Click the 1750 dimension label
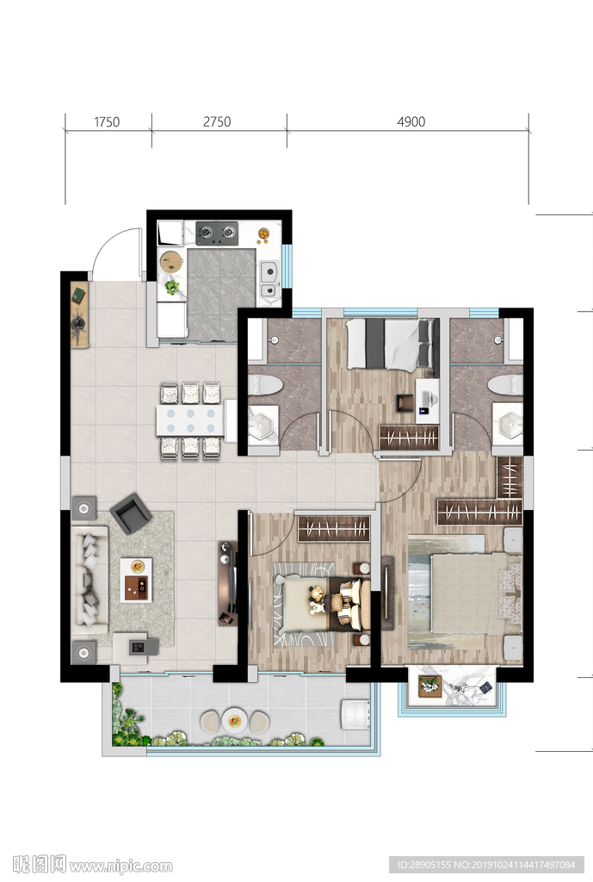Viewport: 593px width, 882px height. click(x=107, y=122)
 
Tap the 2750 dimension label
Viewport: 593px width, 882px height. click(x=217, y=122)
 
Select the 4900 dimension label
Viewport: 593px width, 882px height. click(x=411, y=122)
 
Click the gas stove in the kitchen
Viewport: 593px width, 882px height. click(x=217, y=233)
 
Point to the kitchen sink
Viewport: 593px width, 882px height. click(x=269, y=280)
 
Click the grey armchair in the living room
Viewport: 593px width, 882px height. click(x=131, y=513)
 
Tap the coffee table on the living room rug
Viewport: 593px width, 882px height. click(x=136, y=580)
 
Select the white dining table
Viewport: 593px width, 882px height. click(x=190, y=420)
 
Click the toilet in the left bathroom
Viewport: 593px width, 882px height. click(x=265, y=385)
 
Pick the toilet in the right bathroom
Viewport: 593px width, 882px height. click(x=504, y=385)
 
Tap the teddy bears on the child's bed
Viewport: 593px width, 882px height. click(x=317, y=599)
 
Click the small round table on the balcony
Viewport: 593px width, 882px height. click(x=234, y=720)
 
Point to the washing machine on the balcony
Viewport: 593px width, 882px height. click(x=355, y=714)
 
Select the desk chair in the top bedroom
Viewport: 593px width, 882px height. click(x=405, y=403)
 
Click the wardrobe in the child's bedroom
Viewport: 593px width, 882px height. click(x=334, y=529)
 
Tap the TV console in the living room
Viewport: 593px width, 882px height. click(x=227, y=584)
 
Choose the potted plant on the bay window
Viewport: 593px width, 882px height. click(x=430, y=686)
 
